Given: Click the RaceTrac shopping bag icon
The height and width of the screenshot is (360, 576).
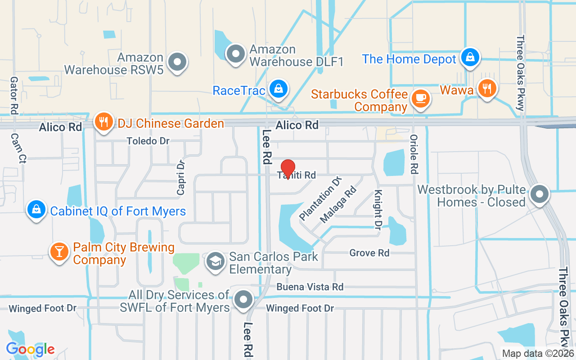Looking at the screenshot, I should click(279, 89).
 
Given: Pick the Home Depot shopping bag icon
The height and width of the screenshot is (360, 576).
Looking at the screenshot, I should click(470, 57).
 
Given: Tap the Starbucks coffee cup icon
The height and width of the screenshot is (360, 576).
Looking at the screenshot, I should click(421, 98).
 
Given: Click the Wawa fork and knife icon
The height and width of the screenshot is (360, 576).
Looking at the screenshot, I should click(486, 87).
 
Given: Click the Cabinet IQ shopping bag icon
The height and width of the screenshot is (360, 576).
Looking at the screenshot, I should click(36, 209).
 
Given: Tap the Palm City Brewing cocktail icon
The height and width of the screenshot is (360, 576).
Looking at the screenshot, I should click(59, 251).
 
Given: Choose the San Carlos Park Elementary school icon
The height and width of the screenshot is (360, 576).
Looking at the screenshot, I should click(216, 261).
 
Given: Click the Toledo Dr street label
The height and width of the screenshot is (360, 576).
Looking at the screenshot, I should click(148, 141).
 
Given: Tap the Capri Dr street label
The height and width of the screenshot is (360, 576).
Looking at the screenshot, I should click(181, 178).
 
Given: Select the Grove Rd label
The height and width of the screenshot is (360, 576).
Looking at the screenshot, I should click(369, 253).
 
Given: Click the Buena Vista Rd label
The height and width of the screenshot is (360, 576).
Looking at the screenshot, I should click(310, 287).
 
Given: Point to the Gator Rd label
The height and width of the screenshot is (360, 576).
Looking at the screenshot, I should click(14, 95).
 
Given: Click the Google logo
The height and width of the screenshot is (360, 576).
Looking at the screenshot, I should click(31, 349).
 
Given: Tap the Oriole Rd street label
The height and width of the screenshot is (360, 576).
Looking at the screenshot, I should click(414, 154).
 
